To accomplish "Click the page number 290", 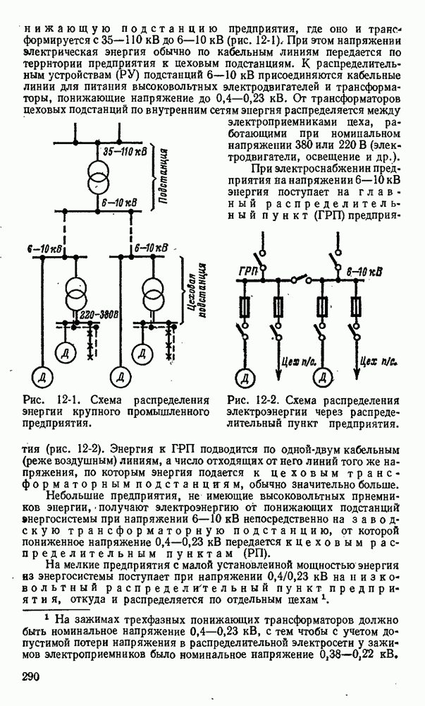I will (x=33, y=676).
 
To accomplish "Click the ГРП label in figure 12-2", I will (x=247, y=271).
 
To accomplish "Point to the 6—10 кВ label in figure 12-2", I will (x=364, y=270).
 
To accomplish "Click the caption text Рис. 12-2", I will (x=248, y=400).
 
